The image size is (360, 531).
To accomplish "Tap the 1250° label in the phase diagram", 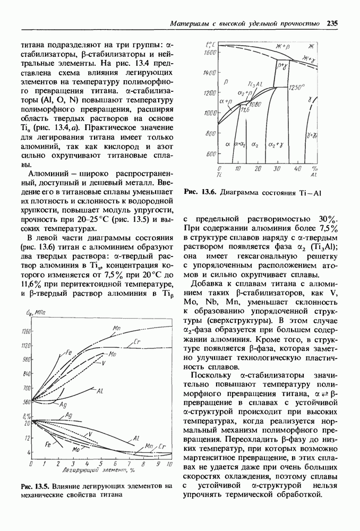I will click(x=297, y=86).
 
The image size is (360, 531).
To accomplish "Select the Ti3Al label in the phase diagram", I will click(x=255, y=84).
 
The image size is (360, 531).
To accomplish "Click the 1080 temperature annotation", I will click(x=256, y=104).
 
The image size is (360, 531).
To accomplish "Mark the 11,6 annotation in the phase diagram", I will click(x=244, y=110).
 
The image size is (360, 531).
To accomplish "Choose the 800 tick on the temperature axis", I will click(x=211, y=133).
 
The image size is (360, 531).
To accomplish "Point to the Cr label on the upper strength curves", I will click(x=137, y=341).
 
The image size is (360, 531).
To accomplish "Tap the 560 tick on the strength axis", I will click(x=25, y=402).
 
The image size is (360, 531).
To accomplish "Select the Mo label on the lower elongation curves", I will click(x=76, y=449).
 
